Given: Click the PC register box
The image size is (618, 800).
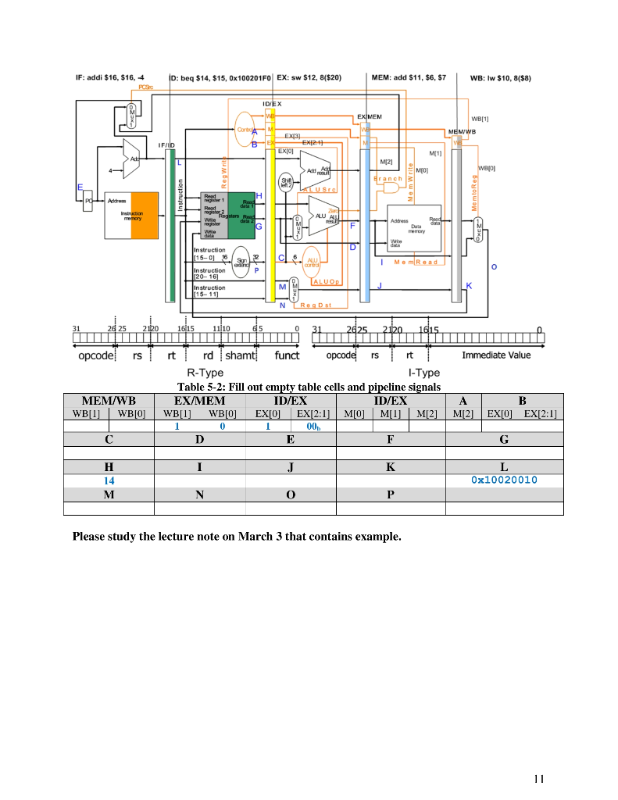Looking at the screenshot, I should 88,200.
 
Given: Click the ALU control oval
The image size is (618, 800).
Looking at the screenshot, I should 312,262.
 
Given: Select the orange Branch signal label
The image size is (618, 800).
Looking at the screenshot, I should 388,179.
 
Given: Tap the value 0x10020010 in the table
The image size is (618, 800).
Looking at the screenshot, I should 504,480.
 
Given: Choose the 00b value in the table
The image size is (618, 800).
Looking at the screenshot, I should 312,427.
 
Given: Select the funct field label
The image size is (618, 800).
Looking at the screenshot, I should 286,355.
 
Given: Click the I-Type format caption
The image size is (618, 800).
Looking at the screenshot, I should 424,373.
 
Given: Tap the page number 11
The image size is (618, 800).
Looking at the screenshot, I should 538,778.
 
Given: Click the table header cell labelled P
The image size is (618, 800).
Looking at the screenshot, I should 390,495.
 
